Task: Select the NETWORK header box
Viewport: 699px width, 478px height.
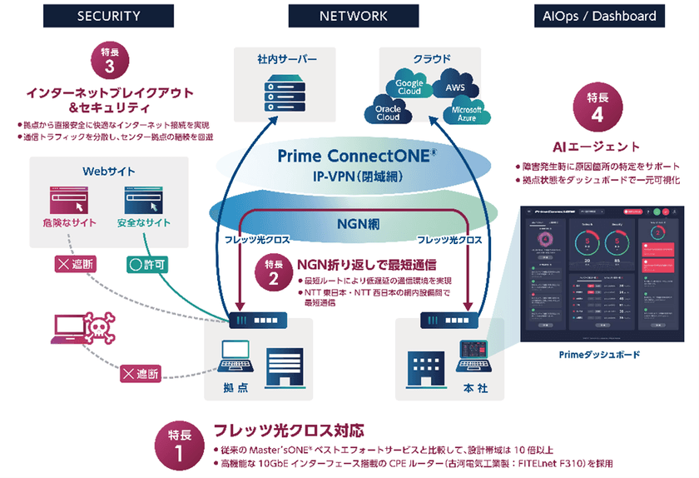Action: [354, 16]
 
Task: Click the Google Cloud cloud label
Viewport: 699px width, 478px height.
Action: [409, 88]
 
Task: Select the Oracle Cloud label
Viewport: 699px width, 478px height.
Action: [388, 112]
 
